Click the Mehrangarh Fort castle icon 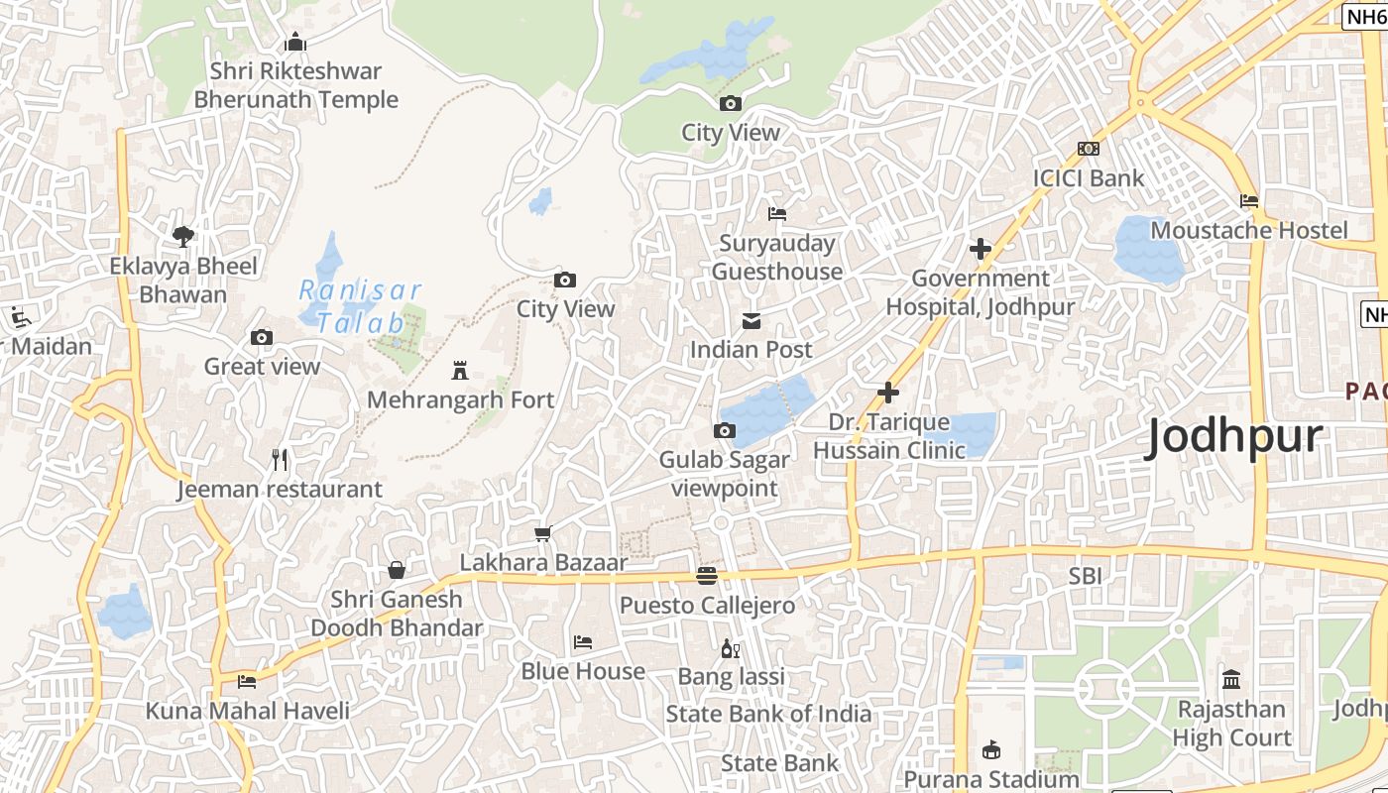[459, 371]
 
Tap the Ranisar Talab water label [361, 306]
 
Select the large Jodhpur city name [1234, 437]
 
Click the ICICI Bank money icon [1089, 149]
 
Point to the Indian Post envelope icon [752, 320]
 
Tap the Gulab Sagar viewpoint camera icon [725, 430]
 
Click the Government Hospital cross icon [981, 249]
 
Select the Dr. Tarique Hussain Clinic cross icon [888, 393]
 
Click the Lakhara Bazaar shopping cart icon [543, 534]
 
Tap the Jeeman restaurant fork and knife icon [280, 460]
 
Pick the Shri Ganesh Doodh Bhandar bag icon [397, 570]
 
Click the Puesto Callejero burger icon [707, 575]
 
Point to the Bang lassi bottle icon [731, 649]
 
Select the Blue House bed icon [583, 642]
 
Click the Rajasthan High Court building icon [1231, 680]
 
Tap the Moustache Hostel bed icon [1249, 201]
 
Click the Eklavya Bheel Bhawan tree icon [183, 236]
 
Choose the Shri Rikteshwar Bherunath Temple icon [294, 43]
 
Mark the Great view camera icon [262, 338]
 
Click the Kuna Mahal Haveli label [248, 711]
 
